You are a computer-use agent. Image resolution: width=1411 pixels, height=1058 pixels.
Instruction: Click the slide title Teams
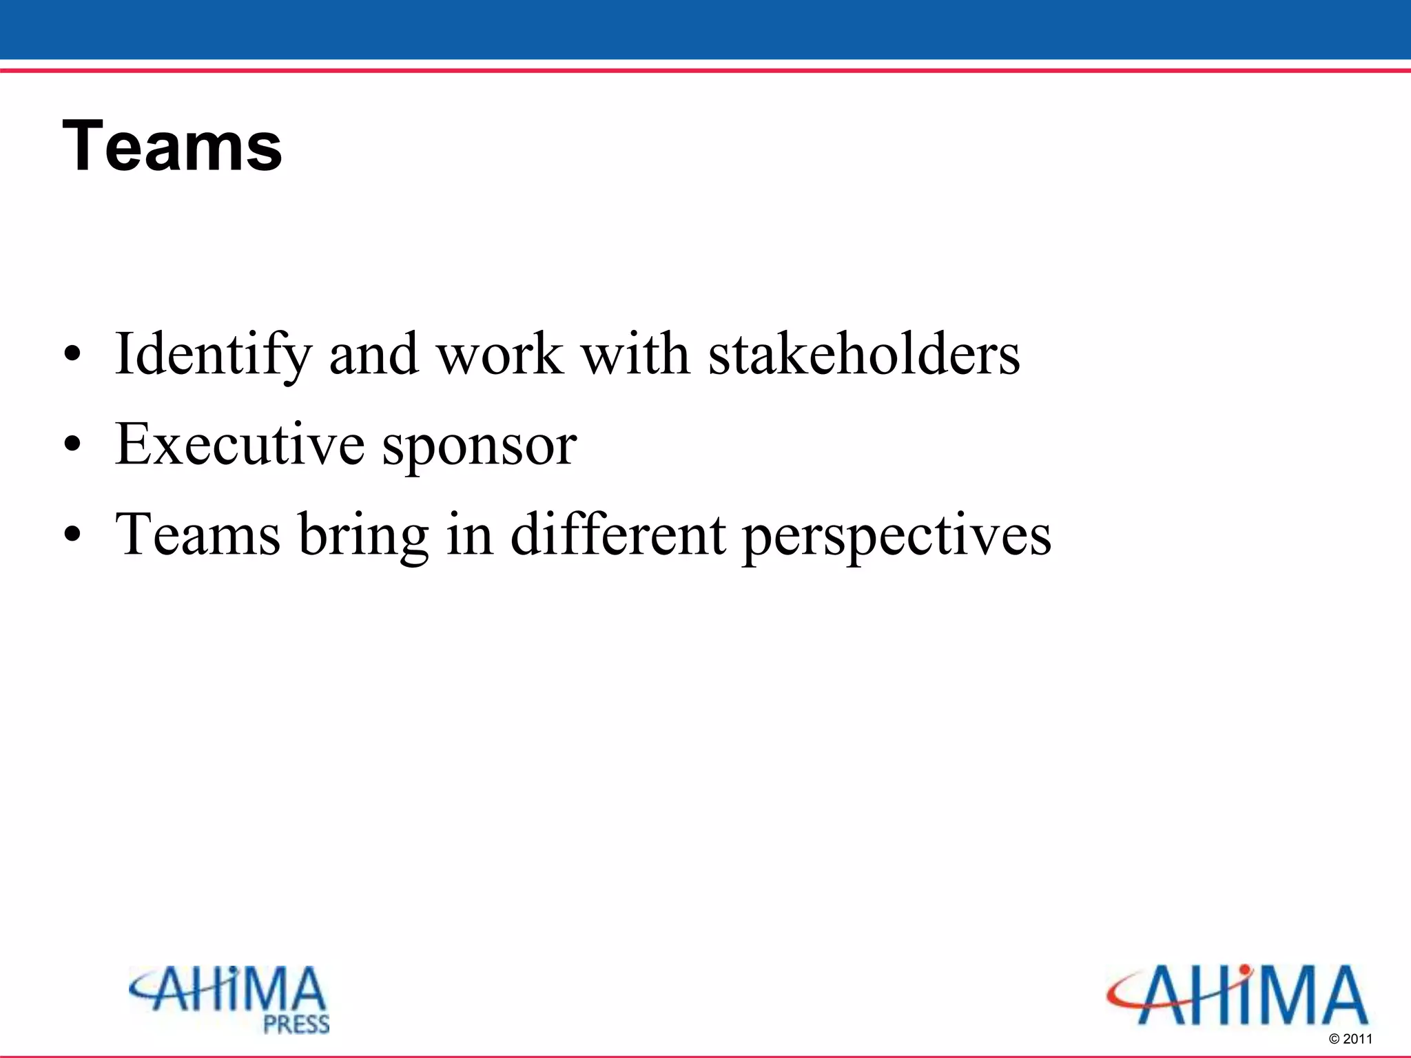click(172, 146)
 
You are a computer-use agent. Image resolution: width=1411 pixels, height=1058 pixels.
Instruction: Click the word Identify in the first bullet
click(213, 355)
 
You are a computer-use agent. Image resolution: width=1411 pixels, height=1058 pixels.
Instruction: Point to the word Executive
click(240, 444)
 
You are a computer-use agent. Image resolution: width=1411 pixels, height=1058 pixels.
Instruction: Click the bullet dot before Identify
click(72, 355)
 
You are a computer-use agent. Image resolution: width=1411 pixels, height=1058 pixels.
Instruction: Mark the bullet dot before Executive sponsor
click(72, 446)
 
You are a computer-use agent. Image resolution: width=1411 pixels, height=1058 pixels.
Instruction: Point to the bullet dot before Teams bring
click(72, 536)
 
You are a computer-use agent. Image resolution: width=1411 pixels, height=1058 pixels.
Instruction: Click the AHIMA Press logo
click(229, 999)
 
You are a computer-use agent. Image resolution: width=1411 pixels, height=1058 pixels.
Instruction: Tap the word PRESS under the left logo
click(297, 1024)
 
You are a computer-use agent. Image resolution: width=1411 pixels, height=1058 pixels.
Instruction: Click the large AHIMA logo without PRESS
click(1237, 995)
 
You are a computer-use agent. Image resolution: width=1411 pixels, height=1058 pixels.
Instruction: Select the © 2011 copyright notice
click(1350, 1039)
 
